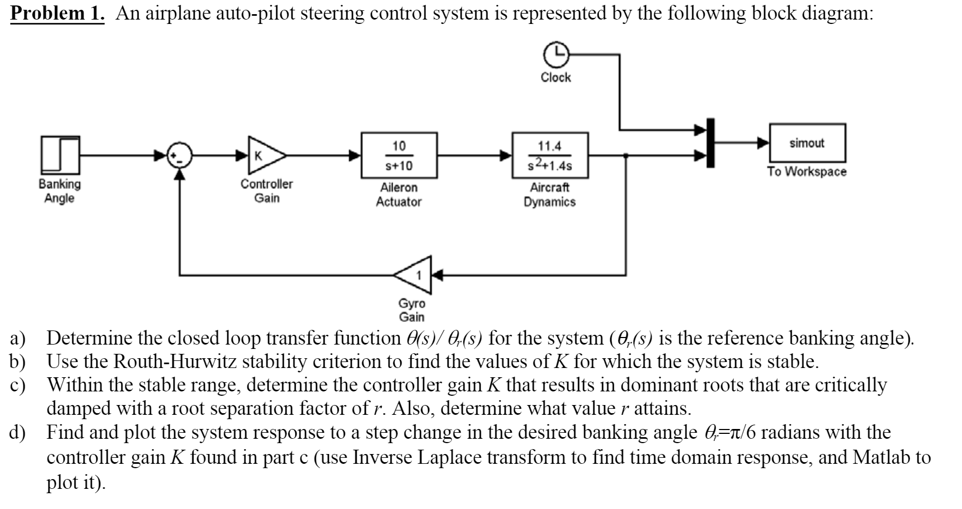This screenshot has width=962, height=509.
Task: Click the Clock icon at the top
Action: pos(555,54)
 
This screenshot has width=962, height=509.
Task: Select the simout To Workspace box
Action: pos(807,143)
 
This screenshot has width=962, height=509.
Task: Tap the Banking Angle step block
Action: pos(60,156)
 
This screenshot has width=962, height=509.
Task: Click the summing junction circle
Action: pos(179,155)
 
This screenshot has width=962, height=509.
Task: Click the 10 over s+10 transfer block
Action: pos(400,155)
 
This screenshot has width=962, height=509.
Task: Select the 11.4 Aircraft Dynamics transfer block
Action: pos(550,155)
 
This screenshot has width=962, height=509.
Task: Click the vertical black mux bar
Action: pos(709,143)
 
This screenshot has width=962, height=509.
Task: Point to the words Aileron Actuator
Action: pos(399,195)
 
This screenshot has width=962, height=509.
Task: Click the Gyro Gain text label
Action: pos(412,310)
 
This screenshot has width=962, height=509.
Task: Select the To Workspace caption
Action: pos(806,171)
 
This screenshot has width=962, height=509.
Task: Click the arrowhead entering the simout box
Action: pos(764,143)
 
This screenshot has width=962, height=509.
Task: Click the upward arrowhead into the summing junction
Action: pos(179,173)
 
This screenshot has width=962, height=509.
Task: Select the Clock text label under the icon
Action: pos(555,77)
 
